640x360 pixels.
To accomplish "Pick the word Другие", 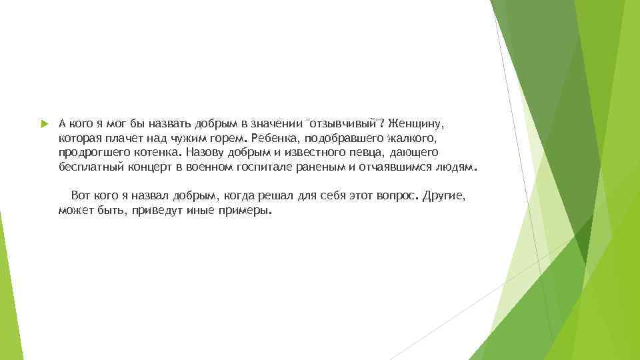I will pos(449,197).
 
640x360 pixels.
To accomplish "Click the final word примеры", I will pos(247,211).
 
